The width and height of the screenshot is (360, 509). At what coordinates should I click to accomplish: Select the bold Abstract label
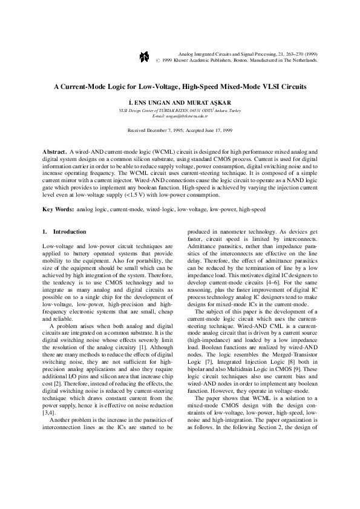56,149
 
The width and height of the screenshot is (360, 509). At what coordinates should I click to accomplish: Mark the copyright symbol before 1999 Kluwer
158,61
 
